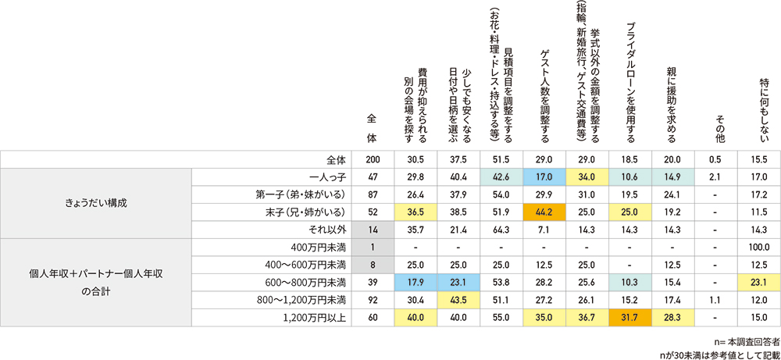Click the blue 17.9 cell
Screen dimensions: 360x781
(415, 282)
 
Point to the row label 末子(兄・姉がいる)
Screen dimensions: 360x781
(311, 212)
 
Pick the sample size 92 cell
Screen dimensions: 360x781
(372, 299)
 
